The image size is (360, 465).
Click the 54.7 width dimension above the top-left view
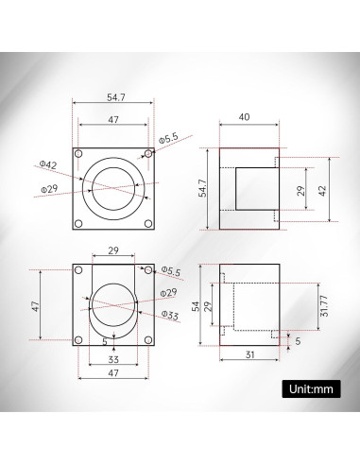(113, 97)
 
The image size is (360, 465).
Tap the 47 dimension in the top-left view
(113, 121)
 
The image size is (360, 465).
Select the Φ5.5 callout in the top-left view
(168, 139)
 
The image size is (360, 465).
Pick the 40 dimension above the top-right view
(245, 118)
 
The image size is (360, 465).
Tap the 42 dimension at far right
(323, 189)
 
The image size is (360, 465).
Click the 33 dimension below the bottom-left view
(113, 359)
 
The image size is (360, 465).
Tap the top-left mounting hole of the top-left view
(78, 152)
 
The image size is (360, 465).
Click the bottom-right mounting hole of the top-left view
(147, 223)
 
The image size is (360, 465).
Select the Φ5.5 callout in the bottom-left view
(171, 271)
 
